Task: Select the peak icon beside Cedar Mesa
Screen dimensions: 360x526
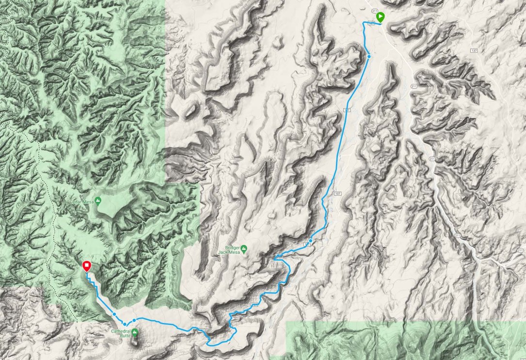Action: (x=98, y=200)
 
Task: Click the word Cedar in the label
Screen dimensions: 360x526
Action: (x=74, y=200)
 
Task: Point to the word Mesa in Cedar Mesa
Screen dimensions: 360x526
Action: (x=88, y=200)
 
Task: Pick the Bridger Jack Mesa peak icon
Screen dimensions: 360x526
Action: (x=244, y=248)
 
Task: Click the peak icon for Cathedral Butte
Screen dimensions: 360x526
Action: (x=135, y=332)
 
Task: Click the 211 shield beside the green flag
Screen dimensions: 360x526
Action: (x=374, y=10)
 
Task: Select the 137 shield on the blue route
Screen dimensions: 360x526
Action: (x=347, y=111)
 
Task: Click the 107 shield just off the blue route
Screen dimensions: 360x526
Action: (x=337, y=194)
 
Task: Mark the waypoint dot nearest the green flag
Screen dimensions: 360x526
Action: (x=369, y=56)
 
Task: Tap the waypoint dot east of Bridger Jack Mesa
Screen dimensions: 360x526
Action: (x=310, y=241)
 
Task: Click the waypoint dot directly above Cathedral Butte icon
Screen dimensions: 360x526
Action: (x=134, y=320)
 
